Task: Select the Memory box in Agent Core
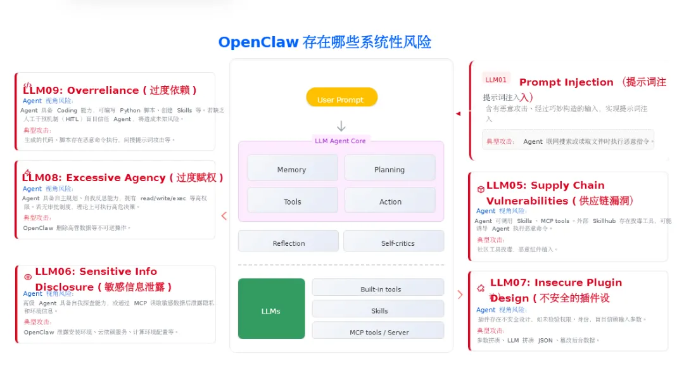[x=292, y=169]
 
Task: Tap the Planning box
[x=389, y=169]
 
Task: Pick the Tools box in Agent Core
[x=292, y=201]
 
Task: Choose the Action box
[x=389, y=201]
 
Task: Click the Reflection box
[x=289, y=242]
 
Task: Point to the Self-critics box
[x=393, y=242]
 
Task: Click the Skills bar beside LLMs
[x=378, y=310]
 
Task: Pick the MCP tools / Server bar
[x=378, y=331]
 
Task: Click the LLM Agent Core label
[x=340, y=141]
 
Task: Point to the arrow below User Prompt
[x=341, y=126]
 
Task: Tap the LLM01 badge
[x=496, y=79]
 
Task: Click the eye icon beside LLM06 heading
[x=28, y=277]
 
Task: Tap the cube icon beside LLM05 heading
[x=481, y=189]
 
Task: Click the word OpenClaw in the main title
[x=258, y=42]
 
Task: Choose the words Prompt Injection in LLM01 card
[x=566, y=82]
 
